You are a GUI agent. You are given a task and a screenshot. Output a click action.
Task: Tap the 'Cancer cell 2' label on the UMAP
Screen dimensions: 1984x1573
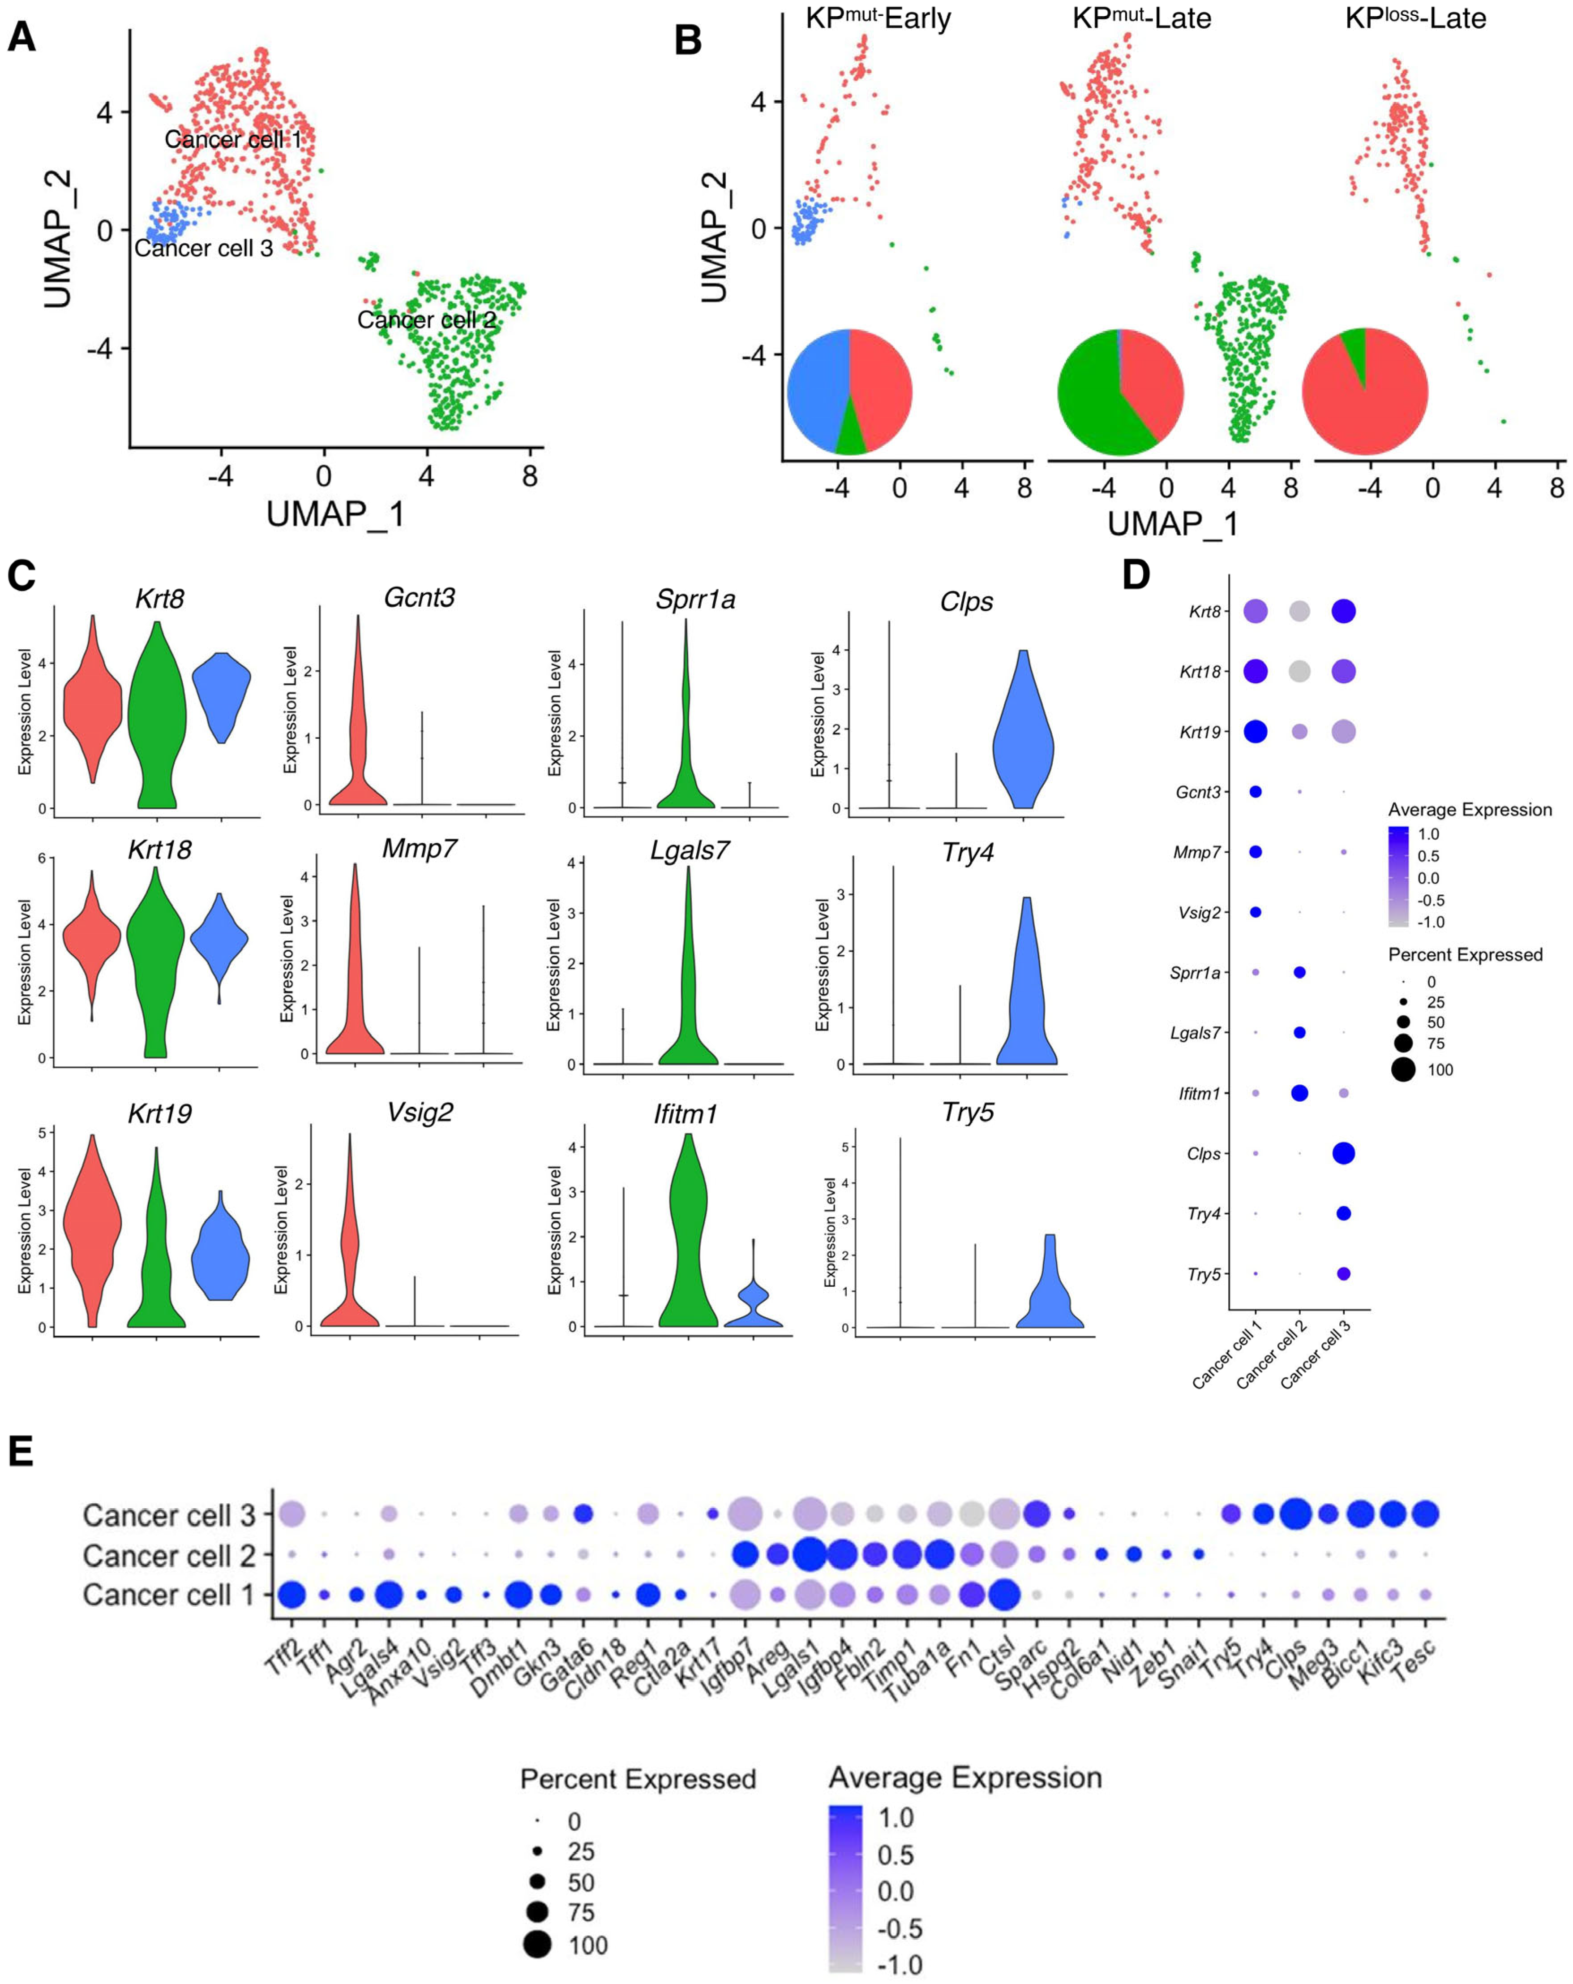pyautogui.click(x=427, y=320)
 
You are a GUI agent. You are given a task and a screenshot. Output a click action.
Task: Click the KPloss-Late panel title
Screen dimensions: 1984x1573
pyautogui.click(x=1415, y=18)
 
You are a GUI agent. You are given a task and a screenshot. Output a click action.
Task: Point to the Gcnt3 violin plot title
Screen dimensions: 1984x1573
pyautogui.click(x=420, y=598)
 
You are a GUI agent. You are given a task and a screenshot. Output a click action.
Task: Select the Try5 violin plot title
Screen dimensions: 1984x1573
pyautogui.click(x=968, y=1113)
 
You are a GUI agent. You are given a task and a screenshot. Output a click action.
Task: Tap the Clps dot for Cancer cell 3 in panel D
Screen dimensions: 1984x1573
pyautogui.click(x=1343, y=1153)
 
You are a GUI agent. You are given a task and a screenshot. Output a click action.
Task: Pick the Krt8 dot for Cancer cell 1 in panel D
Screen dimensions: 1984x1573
pyautogui.click(x=1256, y=611)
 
